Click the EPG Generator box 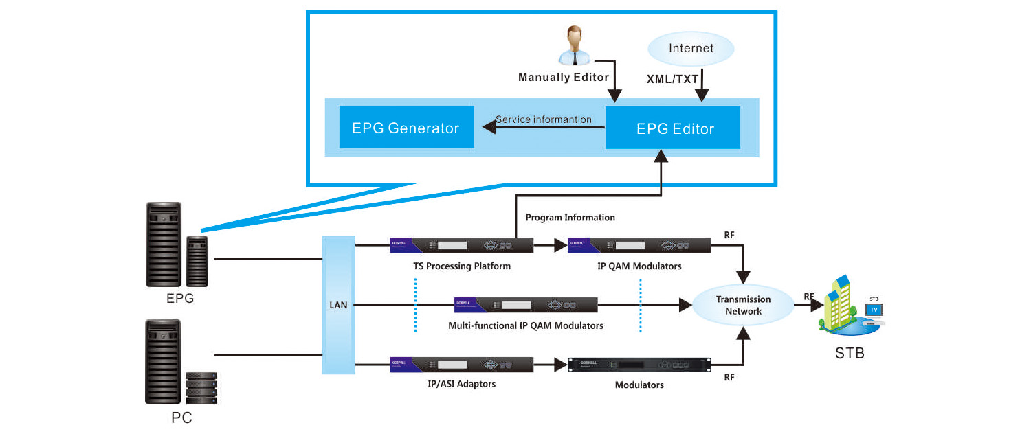[x=406, y=127]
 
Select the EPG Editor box [x=672, y=128]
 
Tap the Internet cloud [x=691, y=49]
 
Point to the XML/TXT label [x=673, y=79]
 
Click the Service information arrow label [x=544, y=119]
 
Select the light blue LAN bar [x=338, y=305]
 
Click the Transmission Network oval [x=743, y=306]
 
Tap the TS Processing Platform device [x=461, y=245]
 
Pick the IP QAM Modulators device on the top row [x=639, y=245]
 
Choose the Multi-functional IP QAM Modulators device [x=526, y=305]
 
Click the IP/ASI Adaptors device [x=461, y=365]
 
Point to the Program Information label [x=570, y=218]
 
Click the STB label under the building [x=850, y=354]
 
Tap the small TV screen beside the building [x=874, y=310]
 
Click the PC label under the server [x=181, y=418]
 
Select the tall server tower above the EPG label [x=163, y=244]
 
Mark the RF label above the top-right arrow [x=729, y=236]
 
